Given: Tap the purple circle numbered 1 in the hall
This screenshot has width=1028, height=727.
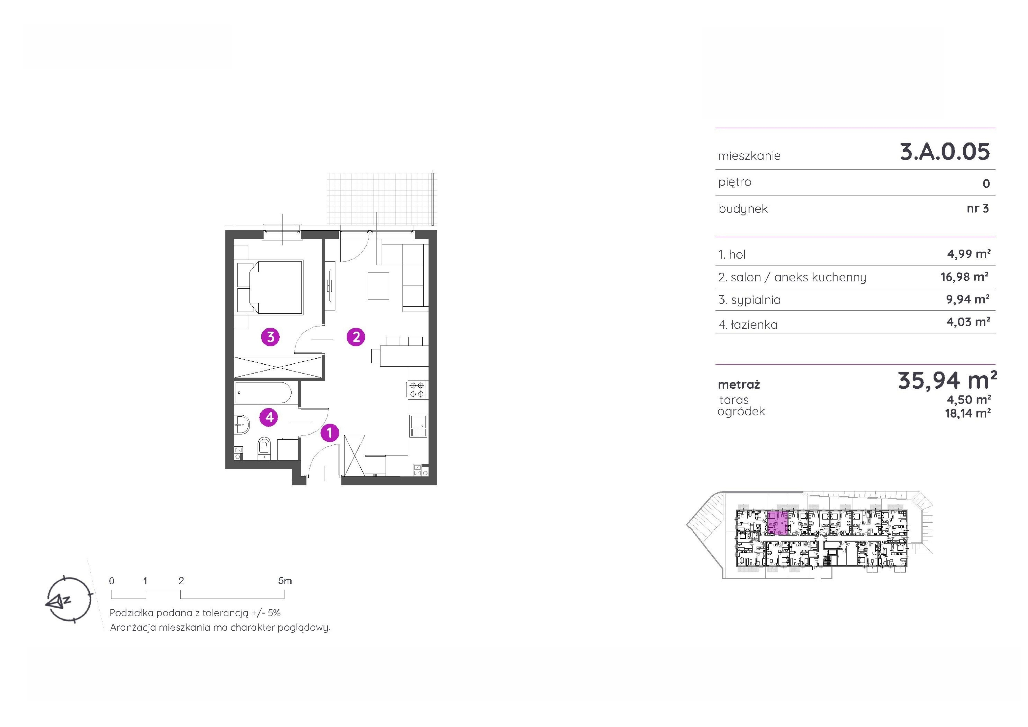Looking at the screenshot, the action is coord(330,433).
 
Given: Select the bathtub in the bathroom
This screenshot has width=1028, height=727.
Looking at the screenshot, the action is coord(263,393).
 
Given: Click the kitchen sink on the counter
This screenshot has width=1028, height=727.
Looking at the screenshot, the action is coord(418,426).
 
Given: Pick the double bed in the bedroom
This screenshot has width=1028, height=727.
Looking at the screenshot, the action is coord(270,287).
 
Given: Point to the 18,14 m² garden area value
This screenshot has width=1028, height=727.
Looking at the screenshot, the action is coord(968,413).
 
